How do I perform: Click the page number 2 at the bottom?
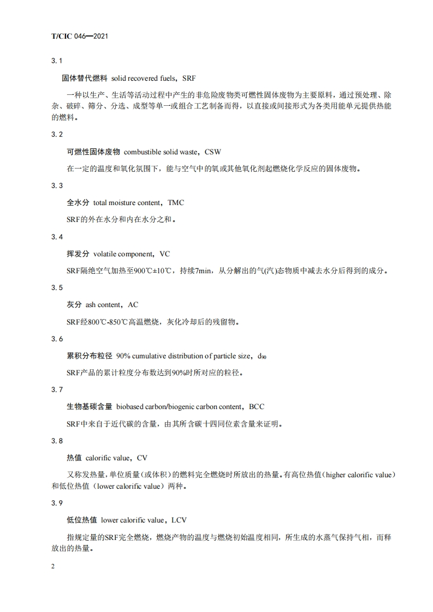[x=54, y=567]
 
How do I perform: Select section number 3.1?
[x=57, y=60]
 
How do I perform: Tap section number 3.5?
[x=57, y=287]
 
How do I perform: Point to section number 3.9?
[x=57, y=503]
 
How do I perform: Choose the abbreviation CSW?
[x=213, y=151]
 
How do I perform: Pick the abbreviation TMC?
[x=176, y=202]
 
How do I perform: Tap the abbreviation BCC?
[x=257, y=407]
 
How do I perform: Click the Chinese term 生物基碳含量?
[x=89, y=407]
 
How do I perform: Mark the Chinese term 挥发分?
[x=78, y=254]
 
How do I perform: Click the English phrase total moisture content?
[x=127, y=202]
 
